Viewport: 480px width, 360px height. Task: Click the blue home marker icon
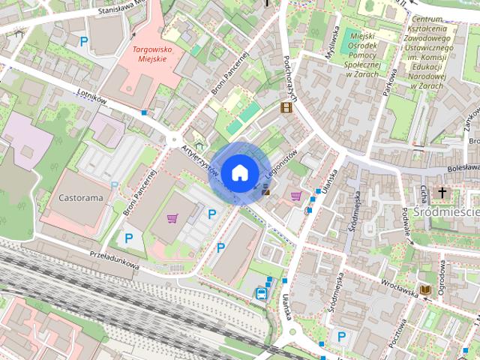pyautogui.click(x=239, y=172)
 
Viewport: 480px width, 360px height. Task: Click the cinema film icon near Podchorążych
pyautogui.click(x=286, y=107)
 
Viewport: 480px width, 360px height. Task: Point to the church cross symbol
pyautogui.click(x=442, y=193)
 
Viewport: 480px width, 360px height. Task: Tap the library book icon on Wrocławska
pyautogui.click(x=425, y=289)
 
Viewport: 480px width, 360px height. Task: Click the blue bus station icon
pyautogui.click(x=261, y=293)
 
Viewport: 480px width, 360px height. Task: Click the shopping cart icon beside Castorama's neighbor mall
pyautogui.click(x=173, y=218)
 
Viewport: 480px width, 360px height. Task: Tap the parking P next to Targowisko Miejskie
pyautogui.click(x=84, y=42)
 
